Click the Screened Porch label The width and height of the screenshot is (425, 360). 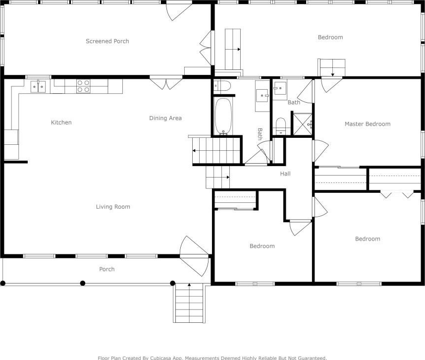[107, 41]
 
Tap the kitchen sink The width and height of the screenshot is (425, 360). [38, 87]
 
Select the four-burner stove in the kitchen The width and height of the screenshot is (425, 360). [84, 86]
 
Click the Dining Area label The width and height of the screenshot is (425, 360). [165, 118]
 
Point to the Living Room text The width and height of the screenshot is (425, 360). [113, 207]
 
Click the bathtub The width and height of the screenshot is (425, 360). [223, 116]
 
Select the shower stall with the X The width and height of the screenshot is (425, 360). [303, 124]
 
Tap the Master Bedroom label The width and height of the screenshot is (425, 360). [368, 124]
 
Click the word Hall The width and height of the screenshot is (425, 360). [285, 174]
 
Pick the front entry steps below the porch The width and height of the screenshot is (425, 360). [189, 303]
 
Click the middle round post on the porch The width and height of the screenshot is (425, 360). [83, 283]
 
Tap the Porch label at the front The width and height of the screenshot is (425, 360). [107, 269]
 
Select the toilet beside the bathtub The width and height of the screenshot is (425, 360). [222, 86]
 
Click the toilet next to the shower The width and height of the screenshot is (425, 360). [280, 126]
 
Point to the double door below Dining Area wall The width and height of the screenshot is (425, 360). [166, 83]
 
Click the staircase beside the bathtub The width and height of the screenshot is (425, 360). [216, 150]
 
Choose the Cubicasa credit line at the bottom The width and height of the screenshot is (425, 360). [212, 358]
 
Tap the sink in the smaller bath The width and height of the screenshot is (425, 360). [280, 88]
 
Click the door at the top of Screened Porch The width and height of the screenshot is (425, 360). [179, 11]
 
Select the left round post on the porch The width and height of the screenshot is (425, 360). [3, 283]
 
